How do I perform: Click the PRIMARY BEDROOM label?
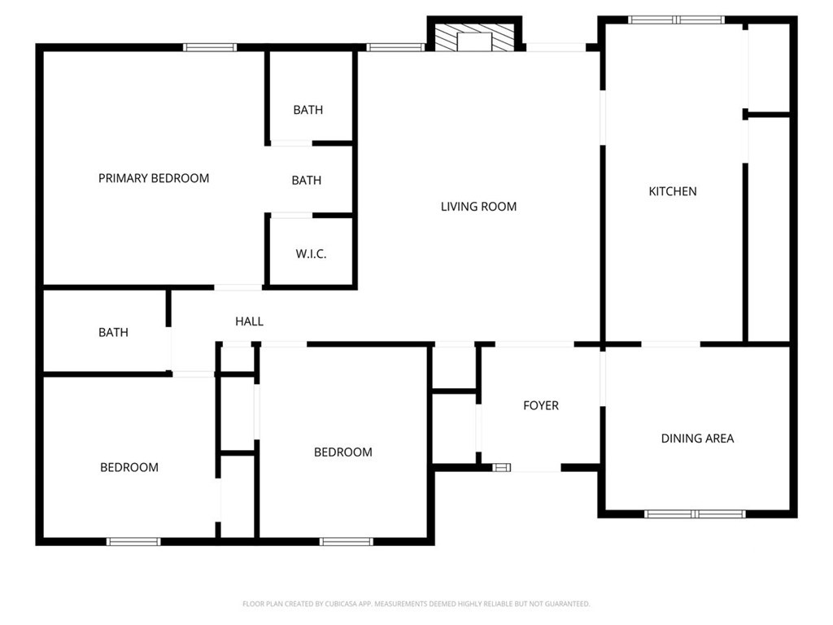154,178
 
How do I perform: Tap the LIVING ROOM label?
478,206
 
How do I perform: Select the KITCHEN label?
673,191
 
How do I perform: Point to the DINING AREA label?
697,439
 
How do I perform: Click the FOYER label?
541,405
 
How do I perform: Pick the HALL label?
249,321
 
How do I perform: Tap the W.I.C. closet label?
311,254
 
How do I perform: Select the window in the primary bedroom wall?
210,47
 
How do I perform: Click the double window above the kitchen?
676,20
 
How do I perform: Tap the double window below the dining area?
695,514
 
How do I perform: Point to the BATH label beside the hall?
113,332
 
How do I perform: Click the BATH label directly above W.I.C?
307,180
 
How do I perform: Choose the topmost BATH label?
308,110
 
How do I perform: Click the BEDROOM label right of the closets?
343,452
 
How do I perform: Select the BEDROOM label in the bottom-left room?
129,467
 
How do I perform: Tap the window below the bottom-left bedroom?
133,541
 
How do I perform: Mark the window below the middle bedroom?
347,541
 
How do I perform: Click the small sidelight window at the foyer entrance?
501,468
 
